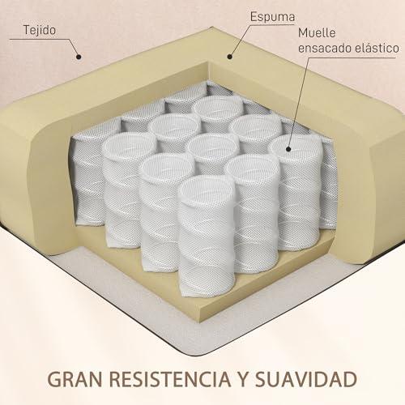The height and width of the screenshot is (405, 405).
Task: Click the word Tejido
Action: [x=40, y=30]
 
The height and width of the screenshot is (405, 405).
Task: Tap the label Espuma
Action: [x=272, y=17]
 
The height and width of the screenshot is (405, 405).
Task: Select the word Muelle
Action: [x=317, y=33]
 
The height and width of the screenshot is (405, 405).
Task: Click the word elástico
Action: [x=377, y=48]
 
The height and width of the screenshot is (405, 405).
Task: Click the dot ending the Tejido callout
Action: [x=79, y=57]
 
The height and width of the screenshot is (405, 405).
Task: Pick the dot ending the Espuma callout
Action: [x=229, y=57]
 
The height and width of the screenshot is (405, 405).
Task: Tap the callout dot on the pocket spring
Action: [x=288, y=149]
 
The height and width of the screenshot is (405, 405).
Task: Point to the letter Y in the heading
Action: [x=243, y=379]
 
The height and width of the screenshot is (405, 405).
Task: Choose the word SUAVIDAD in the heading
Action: [x=306, y=379]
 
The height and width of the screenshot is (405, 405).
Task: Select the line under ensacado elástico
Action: [x=348, y=58]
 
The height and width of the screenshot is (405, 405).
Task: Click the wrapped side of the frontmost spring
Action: [x=207, y=243]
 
